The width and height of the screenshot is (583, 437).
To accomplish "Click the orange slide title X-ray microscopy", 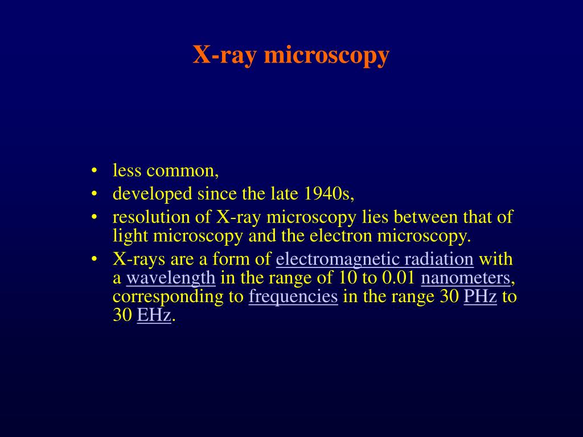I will click(291, 55).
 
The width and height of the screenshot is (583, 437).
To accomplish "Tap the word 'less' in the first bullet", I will click(127, 171).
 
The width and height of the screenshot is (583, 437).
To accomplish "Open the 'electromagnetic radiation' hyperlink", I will click(375, 259).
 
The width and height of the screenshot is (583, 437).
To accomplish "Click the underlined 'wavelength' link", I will click(170, 278).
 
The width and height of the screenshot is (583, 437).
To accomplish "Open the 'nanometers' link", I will click(465, 278).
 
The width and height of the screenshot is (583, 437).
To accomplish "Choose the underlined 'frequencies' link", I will click(293, 297).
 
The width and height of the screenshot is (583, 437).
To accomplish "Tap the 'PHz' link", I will click(480, 297).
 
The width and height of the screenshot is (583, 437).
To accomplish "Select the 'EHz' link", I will click(154, 316).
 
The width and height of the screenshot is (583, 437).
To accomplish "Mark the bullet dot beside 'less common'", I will click(93, 172).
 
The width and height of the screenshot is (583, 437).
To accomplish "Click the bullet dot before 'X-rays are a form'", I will click(93, 260).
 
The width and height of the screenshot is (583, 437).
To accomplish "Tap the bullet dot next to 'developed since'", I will click(93, 195).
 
